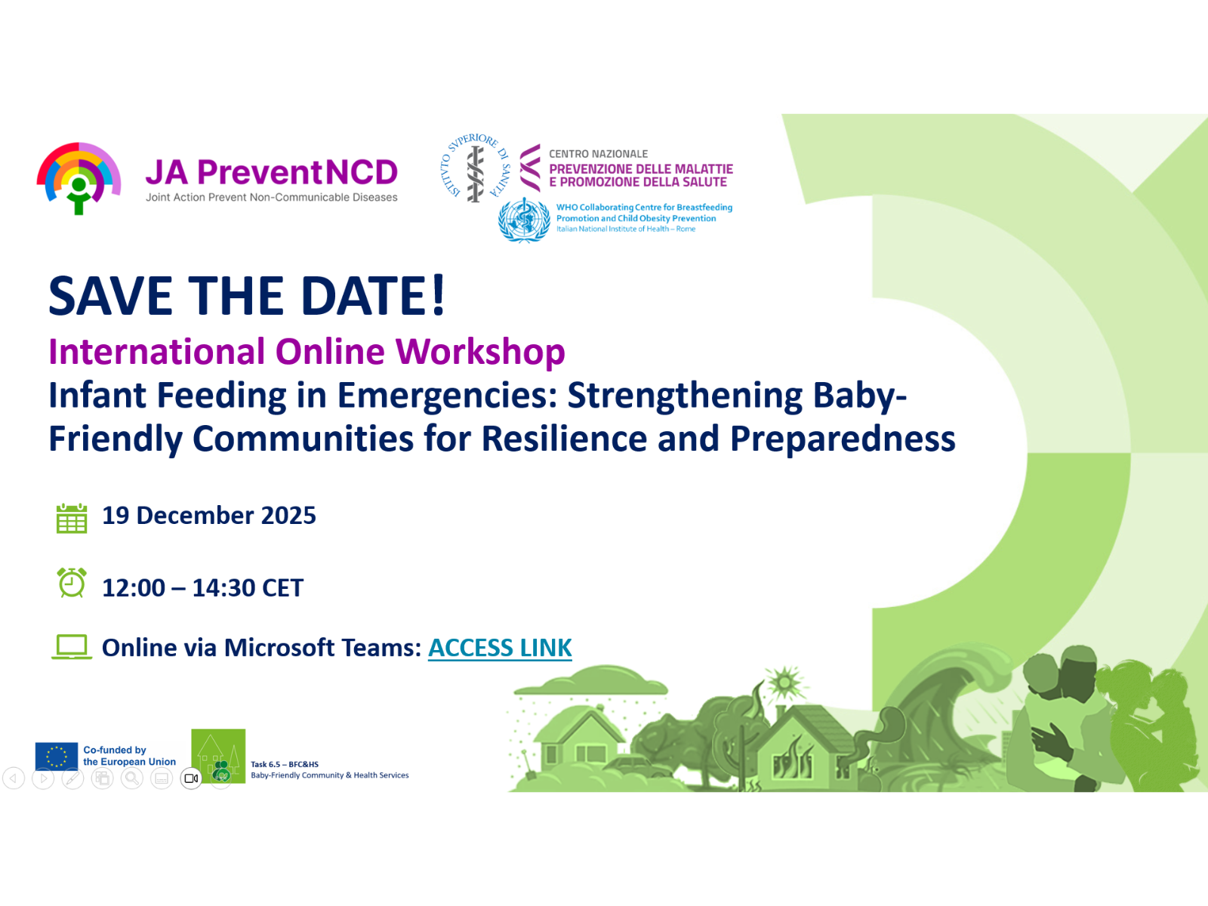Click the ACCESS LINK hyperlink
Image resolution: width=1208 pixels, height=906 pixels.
pyautogui.click(x=500, y=648)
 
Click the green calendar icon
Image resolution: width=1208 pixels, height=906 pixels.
pyautogui.click(x=72, y=518)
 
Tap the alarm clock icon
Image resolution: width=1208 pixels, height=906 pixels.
pyautogui.click(x=72, y=583)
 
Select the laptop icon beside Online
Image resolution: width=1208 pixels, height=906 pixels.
pyautogui.click(x=72, y=647)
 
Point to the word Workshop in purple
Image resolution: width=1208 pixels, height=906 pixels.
pyautogui.click(x=480, y=352)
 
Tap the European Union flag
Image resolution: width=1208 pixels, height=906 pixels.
pyautogui.click(x=57, y=756)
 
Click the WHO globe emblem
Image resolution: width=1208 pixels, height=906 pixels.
pyautogui.click(x=524, y=220)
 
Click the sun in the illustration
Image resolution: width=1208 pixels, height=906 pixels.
pyautogui.click(x=784, y=683)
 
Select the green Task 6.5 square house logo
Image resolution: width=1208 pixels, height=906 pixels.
pyautogui.click(x=218, y=756)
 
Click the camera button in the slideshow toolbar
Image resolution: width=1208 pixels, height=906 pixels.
pyautogui.click(x=192, y=778)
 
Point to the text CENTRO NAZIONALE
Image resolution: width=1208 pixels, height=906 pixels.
pyautogui.click(x=598, y=154)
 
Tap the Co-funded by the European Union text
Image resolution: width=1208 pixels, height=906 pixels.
pyautogui.click(x=129, y=756)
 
